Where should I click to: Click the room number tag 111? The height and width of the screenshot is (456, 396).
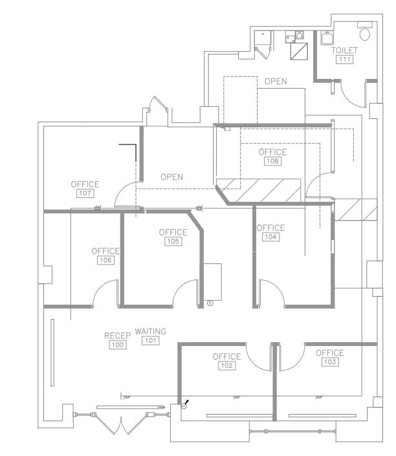(344, 60)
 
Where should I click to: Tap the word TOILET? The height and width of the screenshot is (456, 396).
(344, 50)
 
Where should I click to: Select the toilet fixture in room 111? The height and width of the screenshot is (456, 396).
(365, 32)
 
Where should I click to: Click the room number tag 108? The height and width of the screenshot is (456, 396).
(272, 161)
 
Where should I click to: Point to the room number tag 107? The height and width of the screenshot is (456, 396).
(85, 193)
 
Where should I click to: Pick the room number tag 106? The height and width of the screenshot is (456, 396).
(105, 260)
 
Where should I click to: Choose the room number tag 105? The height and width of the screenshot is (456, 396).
(173, 241)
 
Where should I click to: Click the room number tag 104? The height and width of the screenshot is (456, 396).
(270, 237)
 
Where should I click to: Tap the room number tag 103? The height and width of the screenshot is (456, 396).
(329, 362)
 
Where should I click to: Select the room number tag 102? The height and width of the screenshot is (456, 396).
(226, 365)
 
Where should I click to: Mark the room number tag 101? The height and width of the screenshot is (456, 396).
(150, 340)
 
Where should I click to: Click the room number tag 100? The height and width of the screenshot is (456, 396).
(118, 345)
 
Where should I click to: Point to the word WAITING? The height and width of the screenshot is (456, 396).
(150, 331)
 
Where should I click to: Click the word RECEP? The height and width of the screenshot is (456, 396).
(118, 336)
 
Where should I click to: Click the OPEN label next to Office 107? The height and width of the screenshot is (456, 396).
(171, 177)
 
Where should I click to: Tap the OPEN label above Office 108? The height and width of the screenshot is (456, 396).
(276, 81)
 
